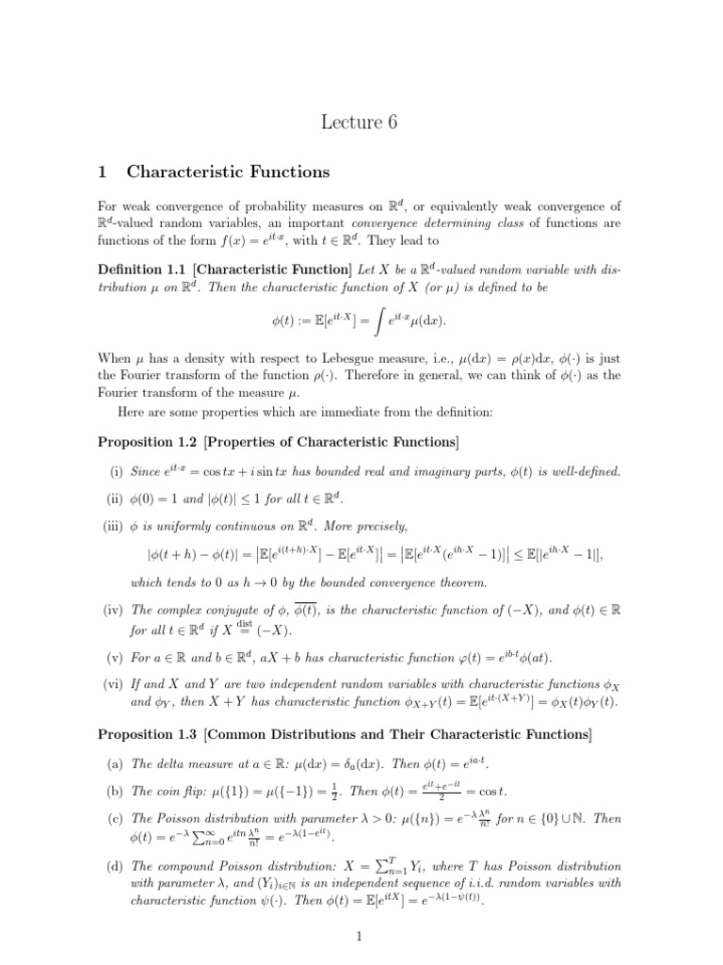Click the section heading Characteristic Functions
pyautogui.click(x=228, y=172)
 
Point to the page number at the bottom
pyautogui.click(x=361, y=936)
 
